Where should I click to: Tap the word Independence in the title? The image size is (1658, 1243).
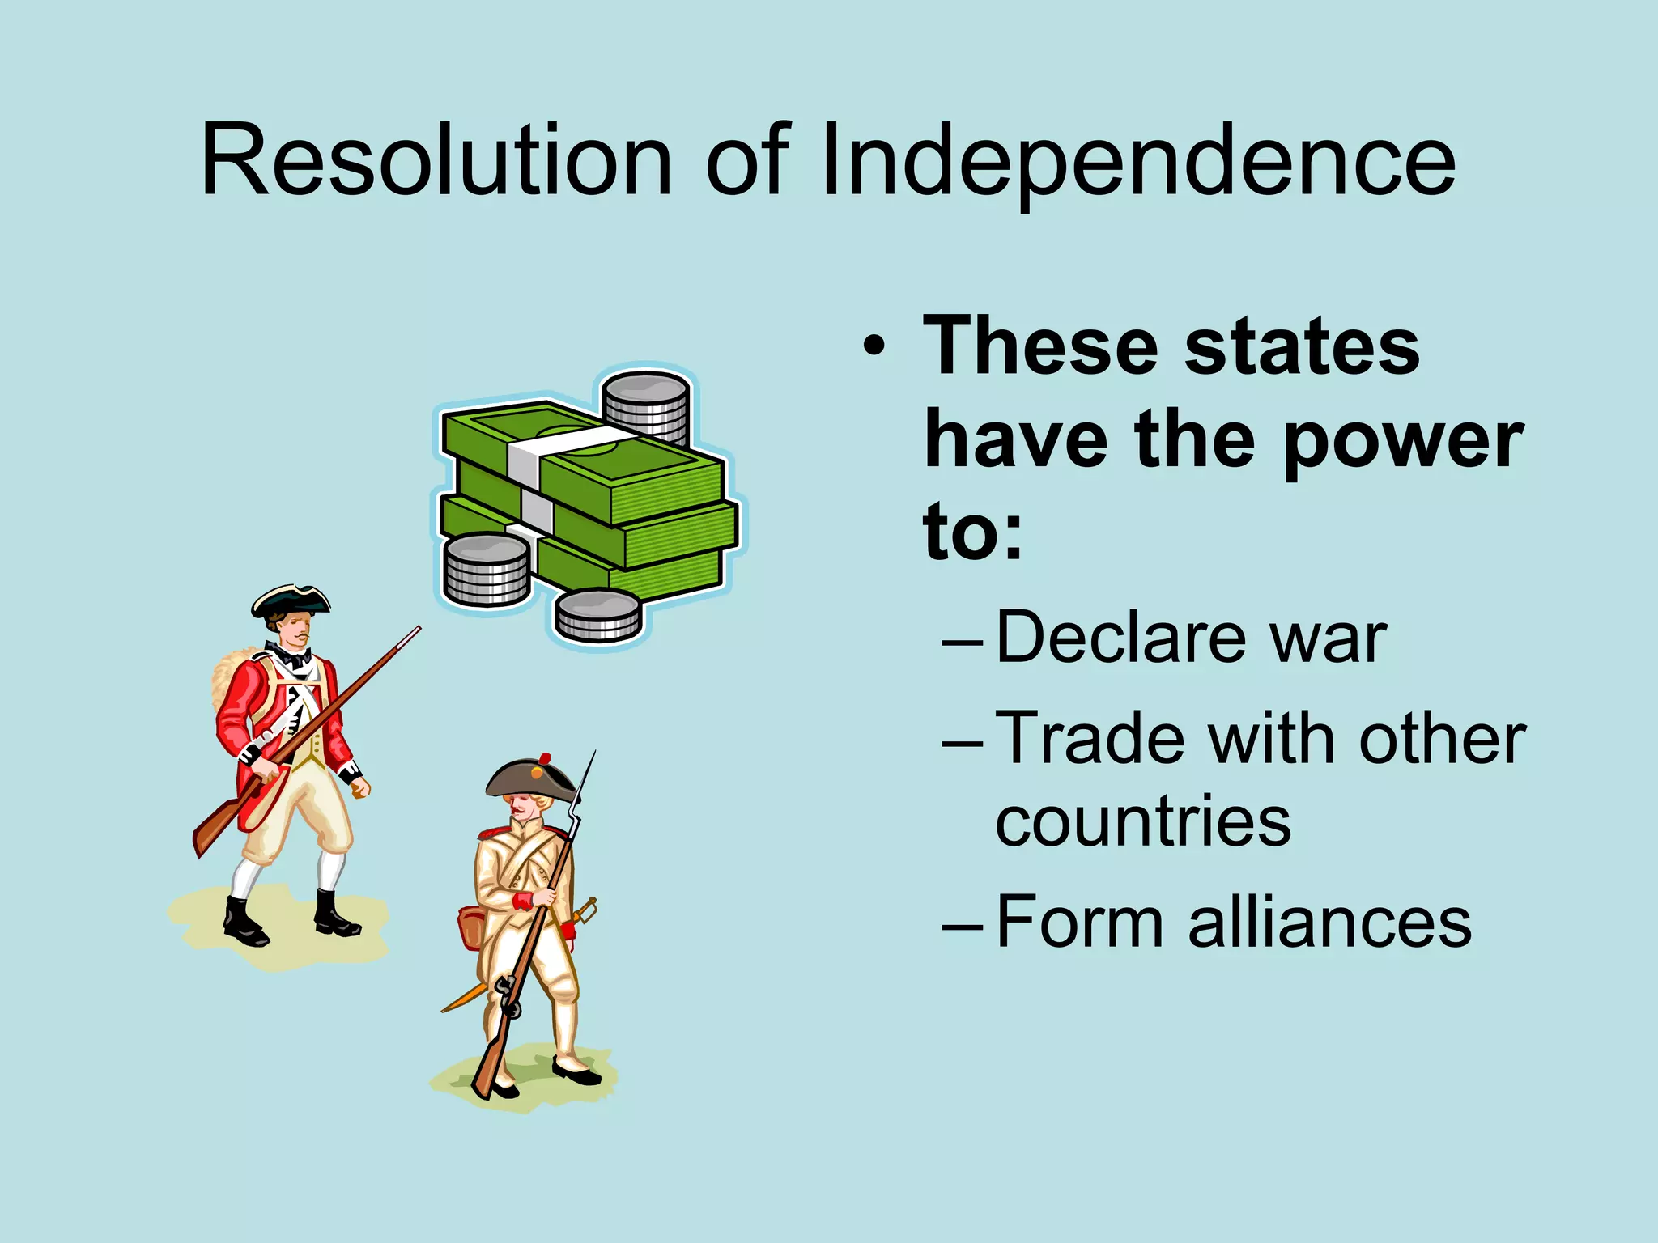(1137, 162)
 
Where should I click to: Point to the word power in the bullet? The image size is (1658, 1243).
(1404, 441)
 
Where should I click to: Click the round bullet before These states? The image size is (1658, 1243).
(874, 347)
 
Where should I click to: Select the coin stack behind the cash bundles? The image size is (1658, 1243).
(646, 405)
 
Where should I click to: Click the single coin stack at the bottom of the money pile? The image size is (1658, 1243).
(599, 615)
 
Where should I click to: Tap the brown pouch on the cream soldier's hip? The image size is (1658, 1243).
(470, 927)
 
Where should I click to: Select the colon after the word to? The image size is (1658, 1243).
(1011, 537)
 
